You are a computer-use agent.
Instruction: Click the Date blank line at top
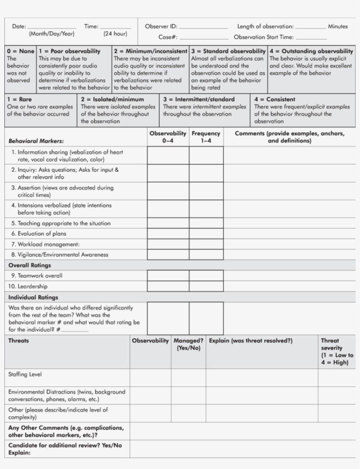pos(51,29)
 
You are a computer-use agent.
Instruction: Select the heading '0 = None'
pos(21,51)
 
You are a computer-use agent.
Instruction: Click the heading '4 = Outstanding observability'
pos(311,51)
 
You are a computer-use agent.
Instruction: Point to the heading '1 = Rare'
pos(19,100)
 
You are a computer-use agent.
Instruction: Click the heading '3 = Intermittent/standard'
pos(199,100)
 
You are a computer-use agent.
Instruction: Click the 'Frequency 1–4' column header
pos(206,137)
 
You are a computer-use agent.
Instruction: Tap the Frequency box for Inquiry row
pos(206,173)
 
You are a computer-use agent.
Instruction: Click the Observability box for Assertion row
pos(168,191)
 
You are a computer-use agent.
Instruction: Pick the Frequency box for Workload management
pos(206,244)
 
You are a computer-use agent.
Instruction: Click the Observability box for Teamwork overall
pos(168,276)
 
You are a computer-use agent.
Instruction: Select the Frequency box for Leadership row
pos(206,286)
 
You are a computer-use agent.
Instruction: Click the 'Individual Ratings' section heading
pos(33,297)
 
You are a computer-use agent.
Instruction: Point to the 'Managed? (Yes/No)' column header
pos(188,344)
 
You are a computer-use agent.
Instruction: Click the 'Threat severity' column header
pos(336,351)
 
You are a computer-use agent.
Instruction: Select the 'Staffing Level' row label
pos(25,375)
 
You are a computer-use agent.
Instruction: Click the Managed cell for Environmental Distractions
pos(188,395)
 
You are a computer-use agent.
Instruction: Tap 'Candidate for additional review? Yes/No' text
pos(65,445)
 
